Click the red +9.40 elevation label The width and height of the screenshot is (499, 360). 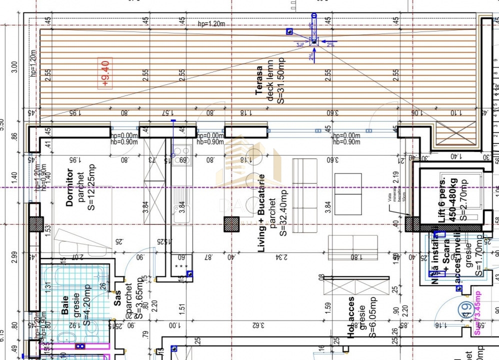[x=105, y=74]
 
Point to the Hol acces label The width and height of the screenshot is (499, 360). [x=351, y=316]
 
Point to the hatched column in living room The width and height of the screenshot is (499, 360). [x=231, y=223]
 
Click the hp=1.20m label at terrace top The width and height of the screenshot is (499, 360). [x=211, y=23]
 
